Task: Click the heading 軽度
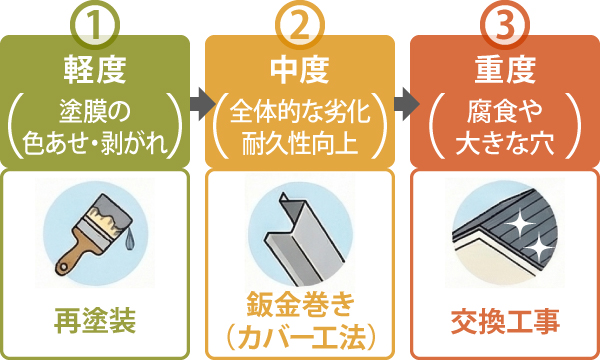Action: tap(95, 73)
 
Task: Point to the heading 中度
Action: tap(299, 73)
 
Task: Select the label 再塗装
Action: tap(95, 322)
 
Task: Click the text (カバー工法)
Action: tap(299, 333)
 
